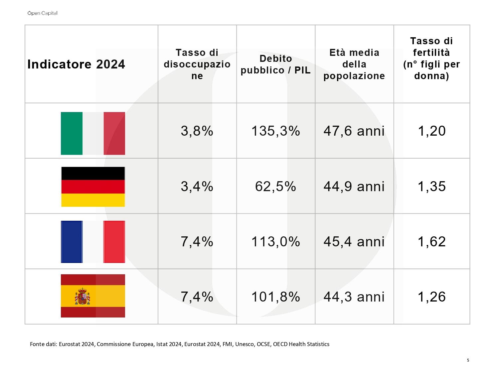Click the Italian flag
coord(93,133)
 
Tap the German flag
coord(93,187)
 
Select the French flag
coord(93,242)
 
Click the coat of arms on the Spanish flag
coord(82,296)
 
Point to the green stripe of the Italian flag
coord(72,133)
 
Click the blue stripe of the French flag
coord(72,242)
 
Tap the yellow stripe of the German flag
coord(93,200)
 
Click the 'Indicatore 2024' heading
coord(76,64)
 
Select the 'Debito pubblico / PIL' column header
coord(275,64)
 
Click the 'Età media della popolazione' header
coord(354,64)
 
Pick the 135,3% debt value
coord(275,131)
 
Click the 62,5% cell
coord(275,187)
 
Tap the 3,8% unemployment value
coord(197,131)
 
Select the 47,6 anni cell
coord(354,131)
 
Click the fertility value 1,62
coord(432,241)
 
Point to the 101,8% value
coord(275,297)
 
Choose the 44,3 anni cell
coord(354,297)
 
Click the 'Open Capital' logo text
coord(42,13)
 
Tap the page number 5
coord(468,360)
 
